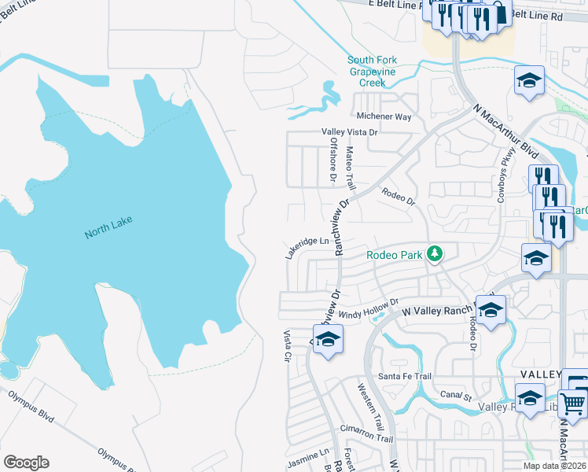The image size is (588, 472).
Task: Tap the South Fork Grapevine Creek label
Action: point(373,72)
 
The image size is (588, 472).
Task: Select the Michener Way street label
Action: point(384,116)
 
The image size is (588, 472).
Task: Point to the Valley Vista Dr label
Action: point(349,132)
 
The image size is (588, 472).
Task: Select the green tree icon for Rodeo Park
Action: point(433,253)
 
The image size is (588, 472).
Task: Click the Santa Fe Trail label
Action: point(405,377)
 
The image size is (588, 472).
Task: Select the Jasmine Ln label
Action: point(308,455)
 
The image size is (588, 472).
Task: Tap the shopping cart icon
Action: point(573,404)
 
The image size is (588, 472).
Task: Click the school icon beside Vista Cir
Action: point(328,340)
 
